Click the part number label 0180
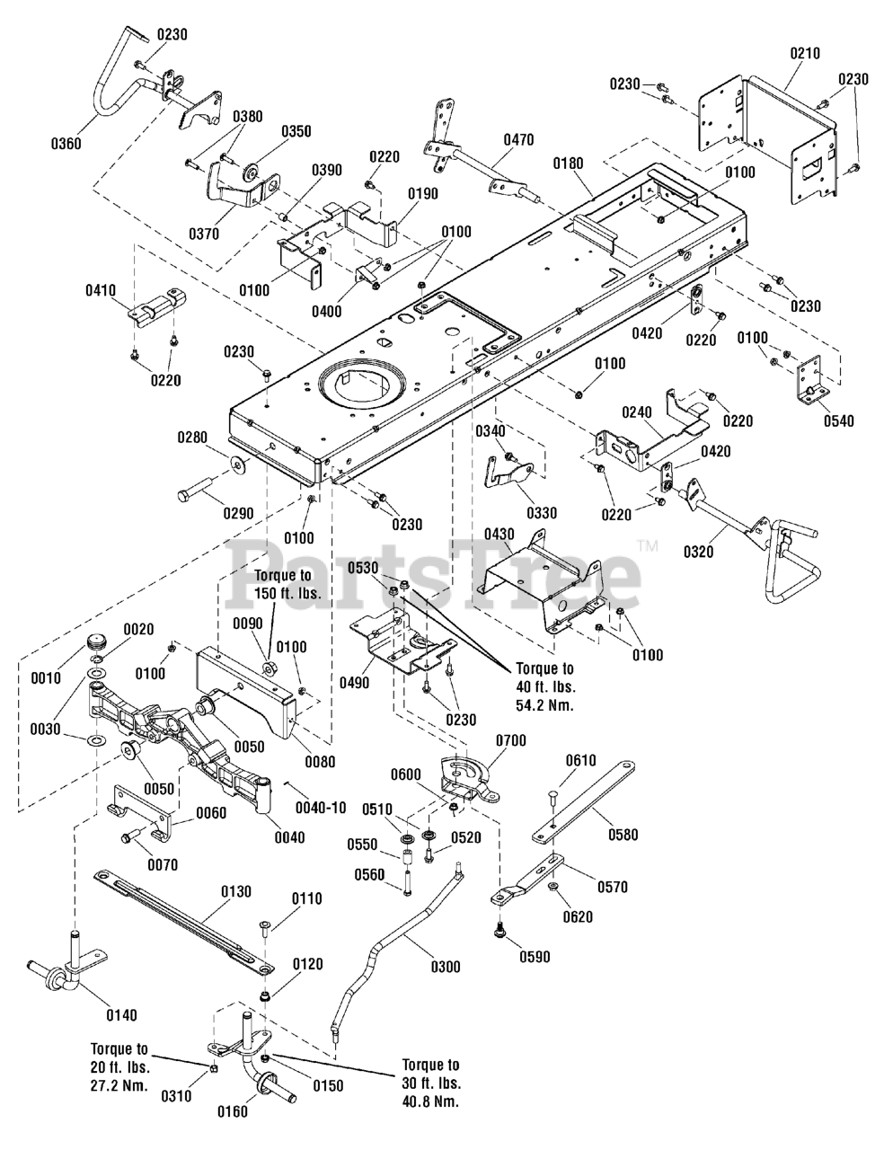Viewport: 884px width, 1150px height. (569, 163)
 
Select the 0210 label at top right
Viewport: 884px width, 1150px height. (805, 53)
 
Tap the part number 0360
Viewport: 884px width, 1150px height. (66, 144)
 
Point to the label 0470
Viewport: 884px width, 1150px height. (518, 140)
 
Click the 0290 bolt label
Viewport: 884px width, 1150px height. (238, 513)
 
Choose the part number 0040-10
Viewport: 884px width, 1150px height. (321, 808)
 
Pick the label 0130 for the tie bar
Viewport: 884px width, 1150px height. (236, 892)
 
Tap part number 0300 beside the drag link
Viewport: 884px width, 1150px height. (446, 967)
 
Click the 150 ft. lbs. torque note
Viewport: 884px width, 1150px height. (287, 593)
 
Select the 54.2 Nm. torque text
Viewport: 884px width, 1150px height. (544, 705)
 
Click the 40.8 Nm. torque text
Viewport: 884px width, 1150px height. (430, 1101)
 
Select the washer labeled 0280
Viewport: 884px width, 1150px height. (240, 464)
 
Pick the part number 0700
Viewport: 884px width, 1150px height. (510, 740)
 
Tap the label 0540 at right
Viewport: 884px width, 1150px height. (839, 420)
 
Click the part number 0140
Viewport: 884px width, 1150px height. (121, 1015)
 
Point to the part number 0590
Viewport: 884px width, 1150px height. (535, 957)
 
